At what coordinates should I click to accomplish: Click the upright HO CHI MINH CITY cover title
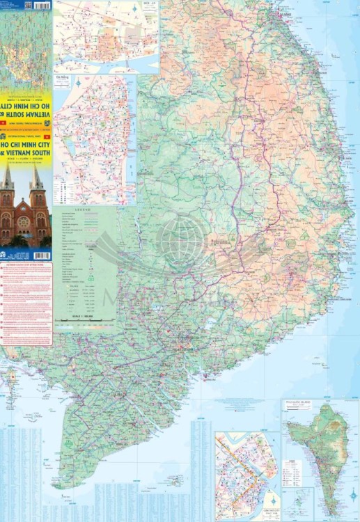[x=26, y=145]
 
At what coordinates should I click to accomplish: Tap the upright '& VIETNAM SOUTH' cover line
[x=26, y=152]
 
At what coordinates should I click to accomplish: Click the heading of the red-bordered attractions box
[x=26, y=265]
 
